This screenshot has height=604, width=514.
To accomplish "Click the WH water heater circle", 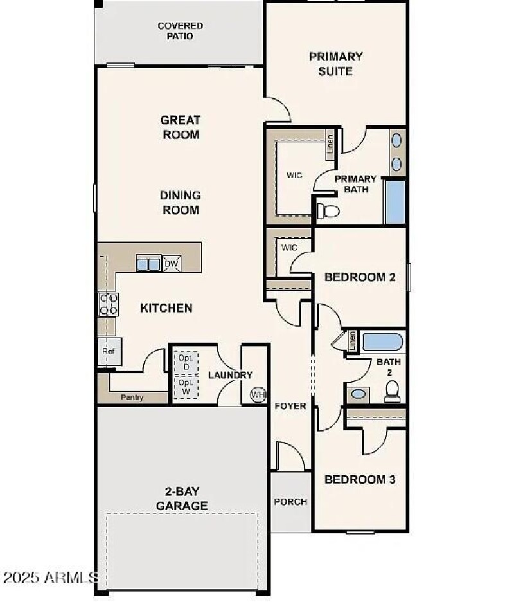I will coord(258,394).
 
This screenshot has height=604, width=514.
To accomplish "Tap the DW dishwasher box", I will coord(171,264).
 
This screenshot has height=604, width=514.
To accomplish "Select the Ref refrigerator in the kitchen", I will coord(108,352).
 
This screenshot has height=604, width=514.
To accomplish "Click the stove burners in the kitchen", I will coord(108,304).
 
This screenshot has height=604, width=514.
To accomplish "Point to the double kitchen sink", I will coord(148,264).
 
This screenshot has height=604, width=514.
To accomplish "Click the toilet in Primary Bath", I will coord(328,210).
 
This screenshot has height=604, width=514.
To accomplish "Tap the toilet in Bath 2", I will coord(393,391).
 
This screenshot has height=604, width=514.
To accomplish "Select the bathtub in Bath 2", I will coord(382,342).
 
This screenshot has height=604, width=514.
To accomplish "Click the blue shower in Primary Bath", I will coord(395,202).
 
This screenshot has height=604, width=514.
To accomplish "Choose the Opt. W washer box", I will coord(186,387).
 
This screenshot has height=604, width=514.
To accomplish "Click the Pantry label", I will coord(132,398).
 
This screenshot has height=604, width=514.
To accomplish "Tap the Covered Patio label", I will coord(181,31).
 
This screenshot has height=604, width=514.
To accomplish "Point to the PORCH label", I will coord(290,502).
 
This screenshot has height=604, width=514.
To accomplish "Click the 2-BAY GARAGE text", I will coord(182,499).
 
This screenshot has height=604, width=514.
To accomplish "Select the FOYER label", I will coord(290,406).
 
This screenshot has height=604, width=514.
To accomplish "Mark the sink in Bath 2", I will coord(359,394).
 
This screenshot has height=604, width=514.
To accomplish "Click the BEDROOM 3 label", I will coord(359,479).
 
